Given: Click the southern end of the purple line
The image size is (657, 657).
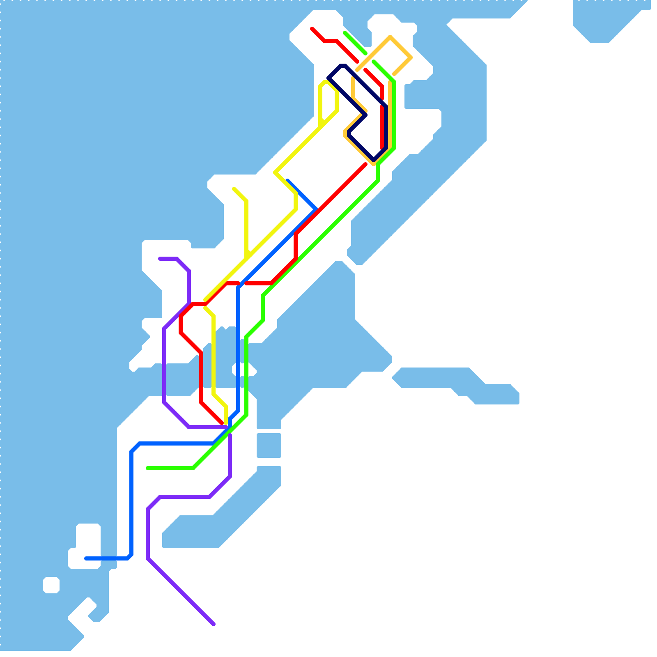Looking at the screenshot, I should click(x=214, y=624).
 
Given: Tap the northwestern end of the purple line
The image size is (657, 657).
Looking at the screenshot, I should click(x=160, y=259).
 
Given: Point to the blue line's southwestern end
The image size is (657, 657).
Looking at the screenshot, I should click(x=86, y=558).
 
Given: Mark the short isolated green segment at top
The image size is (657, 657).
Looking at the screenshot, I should click(x=355, y=43).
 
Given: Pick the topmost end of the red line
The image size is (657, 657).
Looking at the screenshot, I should click(x=312, y=29).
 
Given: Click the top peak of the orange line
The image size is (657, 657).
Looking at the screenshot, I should click(x=390, y=37).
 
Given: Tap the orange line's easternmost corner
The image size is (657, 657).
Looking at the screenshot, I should click(x=411, y=57).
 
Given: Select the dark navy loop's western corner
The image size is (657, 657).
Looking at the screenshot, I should click(x=328, y=78).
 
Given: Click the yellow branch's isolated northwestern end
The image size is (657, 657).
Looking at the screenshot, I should click(x=234, y=189).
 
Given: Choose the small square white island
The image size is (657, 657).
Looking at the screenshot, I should click(x=51, y=585).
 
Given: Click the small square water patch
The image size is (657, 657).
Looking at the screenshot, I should click(x=269, y=445).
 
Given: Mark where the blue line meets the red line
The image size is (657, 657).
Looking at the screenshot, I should click(x=315, y=210).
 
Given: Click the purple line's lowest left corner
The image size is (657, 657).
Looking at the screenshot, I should click(x=148, y=558).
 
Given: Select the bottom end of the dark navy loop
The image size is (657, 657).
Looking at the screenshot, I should click(x=374, y=160).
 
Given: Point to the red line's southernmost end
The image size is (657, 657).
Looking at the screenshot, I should click(x=222, y=423).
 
